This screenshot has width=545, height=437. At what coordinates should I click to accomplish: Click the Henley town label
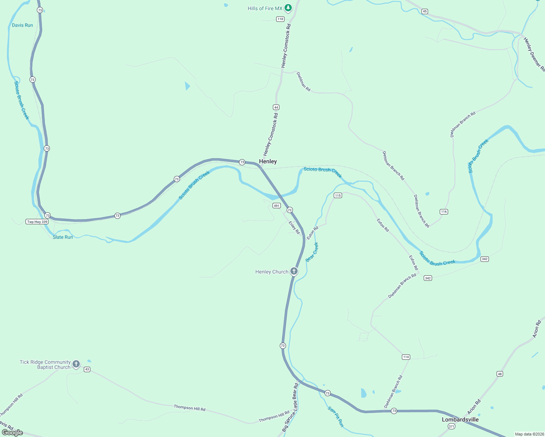[x=268, y=161]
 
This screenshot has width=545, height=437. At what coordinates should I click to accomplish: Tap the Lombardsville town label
[x=460, y=420]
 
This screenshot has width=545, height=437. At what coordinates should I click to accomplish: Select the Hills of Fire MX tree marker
[x=288, y=8]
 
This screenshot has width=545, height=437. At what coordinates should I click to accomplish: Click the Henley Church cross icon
[x=294, y=271]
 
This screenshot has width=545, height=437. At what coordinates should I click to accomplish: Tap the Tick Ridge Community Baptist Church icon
[x=76, y=364]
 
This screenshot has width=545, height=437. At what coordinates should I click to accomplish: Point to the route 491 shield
[x=277, y=206]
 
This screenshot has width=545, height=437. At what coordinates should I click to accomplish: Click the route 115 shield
[x=338, y=196]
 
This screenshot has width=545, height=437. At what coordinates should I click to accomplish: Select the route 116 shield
[x=444, y=212]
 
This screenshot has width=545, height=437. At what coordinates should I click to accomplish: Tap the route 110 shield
[x=280, y=19]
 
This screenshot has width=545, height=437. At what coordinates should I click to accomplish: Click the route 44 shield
[x=276, y=107]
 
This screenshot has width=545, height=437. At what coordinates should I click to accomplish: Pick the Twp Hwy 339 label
[x=37, y=222]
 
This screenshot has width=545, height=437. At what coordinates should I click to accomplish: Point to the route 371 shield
[x=452, y=426]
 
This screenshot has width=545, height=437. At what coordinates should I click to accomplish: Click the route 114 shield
[x=406, y=357]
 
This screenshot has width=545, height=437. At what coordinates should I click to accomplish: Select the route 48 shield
[x=499, y=374]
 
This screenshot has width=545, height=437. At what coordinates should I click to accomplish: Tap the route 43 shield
[x=87, y=369]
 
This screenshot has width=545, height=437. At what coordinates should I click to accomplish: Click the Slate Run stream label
[x=63, y=237]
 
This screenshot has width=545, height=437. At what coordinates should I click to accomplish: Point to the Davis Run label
[x=22, y=25]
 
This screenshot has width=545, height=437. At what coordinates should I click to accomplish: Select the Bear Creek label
[x=312, y=252]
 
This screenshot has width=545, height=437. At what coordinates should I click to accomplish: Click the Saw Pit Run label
[x=336, y=417]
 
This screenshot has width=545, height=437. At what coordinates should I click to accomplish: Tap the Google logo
[x=12, y=432]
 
